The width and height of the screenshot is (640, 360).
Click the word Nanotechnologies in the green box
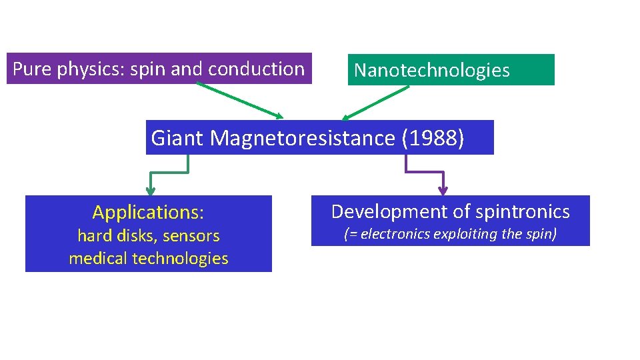point(431,71)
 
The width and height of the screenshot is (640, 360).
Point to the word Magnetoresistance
point(303,138)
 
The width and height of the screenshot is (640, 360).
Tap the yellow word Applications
point(146,213)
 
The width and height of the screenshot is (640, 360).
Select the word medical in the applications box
point(96,258)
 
